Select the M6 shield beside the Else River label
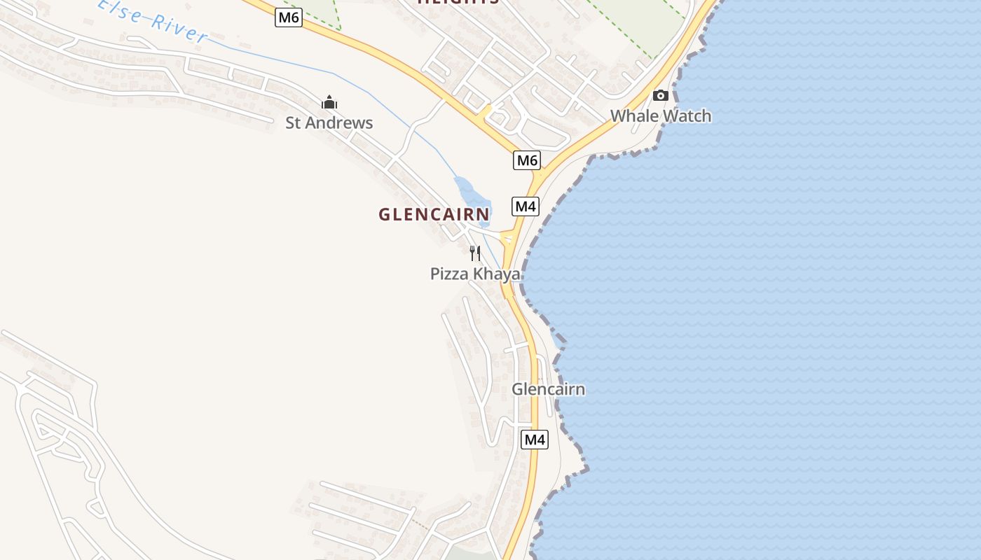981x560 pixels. [288, 17]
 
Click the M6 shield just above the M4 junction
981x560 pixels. [527, 160]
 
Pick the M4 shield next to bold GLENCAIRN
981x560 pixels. [526, 206]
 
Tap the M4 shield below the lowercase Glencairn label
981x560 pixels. [534, 440]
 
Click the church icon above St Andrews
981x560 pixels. [329, 103]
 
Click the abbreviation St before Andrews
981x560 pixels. [293, 123]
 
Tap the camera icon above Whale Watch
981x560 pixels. [660, 95]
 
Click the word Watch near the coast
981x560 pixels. [687, 116]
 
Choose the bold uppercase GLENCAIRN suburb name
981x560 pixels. [434, 215]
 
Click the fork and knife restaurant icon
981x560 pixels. [475, 253]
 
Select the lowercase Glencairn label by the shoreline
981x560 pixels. [548, 389]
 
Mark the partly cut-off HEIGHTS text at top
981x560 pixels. [458, 2]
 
